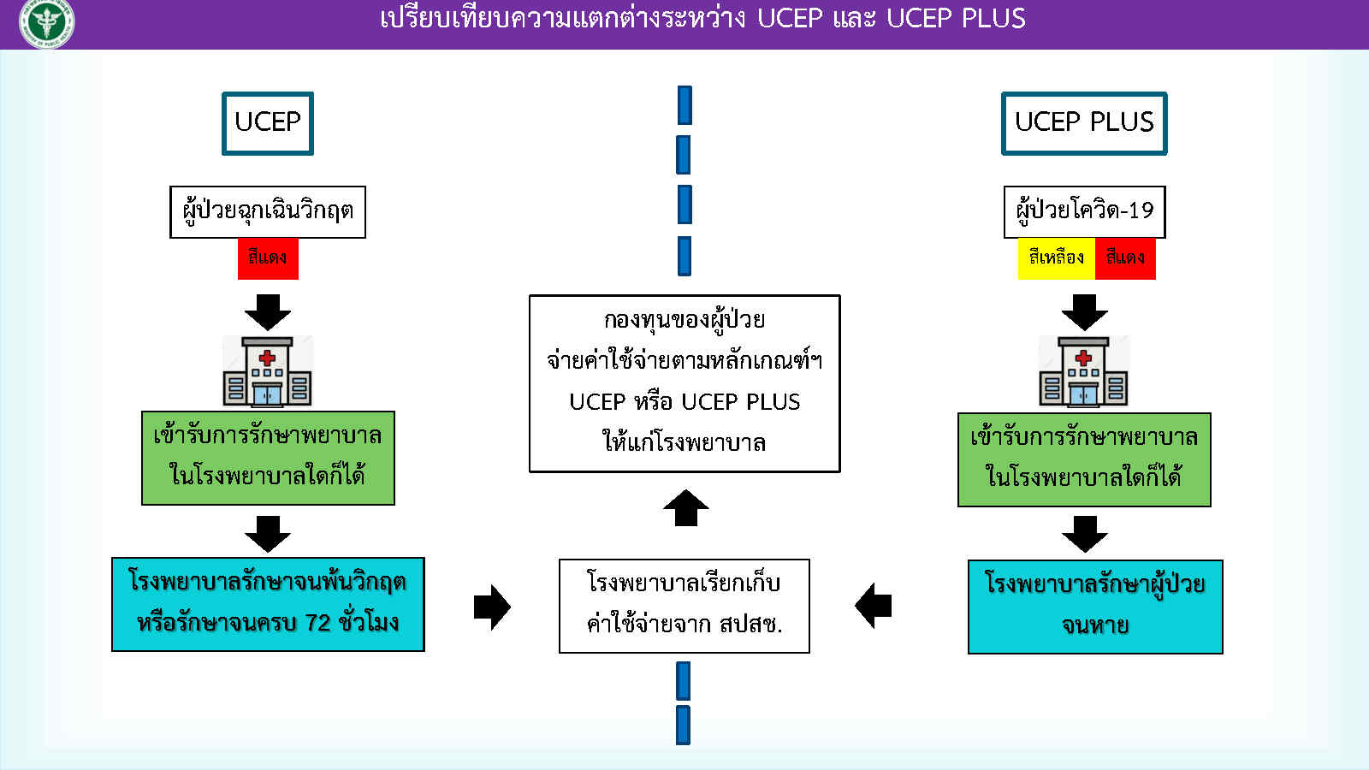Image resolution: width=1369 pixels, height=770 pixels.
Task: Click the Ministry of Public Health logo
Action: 46,23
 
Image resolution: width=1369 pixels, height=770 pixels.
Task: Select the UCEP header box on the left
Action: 268,123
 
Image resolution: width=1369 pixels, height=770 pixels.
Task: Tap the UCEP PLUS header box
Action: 1084,123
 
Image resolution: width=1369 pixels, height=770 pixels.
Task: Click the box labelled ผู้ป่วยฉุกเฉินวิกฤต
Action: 268,211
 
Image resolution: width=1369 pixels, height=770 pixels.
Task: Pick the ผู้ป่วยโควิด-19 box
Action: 1084,211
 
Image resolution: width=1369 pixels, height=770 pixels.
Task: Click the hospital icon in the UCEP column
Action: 268,371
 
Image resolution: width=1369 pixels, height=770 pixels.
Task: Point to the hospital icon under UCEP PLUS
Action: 1084,371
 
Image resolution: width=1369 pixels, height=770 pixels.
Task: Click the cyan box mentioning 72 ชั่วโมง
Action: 268,604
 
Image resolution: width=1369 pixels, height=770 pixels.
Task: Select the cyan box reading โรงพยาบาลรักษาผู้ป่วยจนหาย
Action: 1095,607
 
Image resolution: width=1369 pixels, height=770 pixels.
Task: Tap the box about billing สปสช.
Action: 684,606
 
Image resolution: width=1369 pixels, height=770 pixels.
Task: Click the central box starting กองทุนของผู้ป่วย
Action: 684,383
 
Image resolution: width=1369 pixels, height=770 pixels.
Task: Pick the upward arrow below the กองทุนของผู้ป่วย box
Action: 686,508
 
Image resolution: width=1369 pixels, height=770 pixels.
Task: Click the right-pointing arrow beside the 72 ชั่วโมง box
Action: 492,607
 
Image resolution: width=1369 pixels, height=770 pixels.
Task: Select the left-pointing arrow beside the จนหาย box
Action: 873,606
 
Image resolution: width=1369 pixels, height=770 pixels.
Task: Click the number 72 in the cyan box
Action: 317,624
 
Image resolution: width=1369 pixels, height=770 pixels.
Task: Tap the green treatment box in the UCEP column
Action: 268,458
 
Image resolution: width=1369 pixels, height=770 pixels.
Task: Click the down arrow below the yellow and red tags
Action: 1084,312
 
